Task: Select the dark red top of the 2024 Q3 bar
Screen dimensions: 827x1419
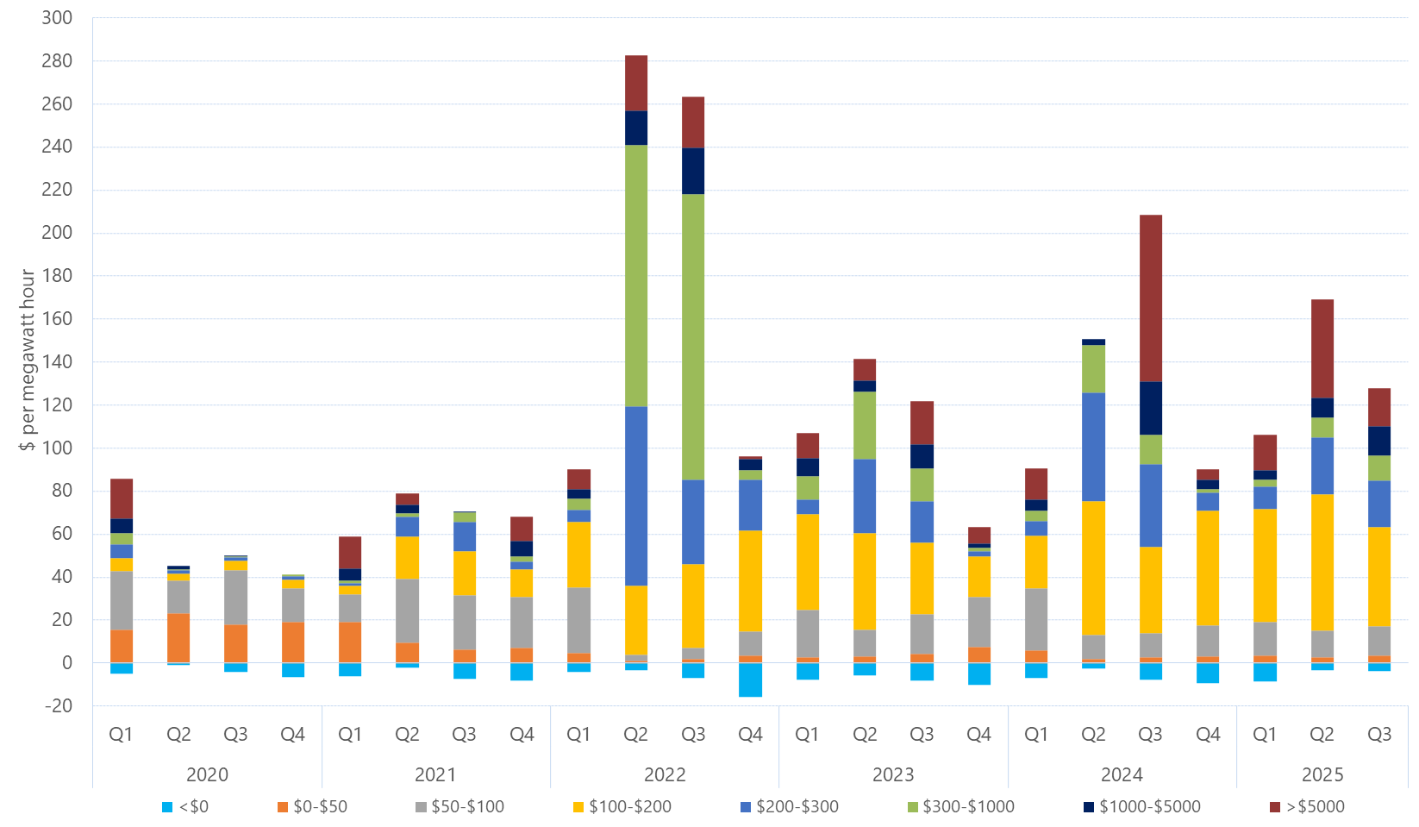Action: click(1151, 298)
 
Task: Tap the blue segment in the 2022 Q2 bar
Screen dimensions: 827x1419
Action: click(636, 496)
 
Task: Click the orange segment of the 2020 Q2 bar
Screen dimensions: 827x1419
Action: click(178, 638)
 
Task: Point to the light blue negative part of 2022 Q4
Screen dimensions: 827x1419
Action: click(751, 680)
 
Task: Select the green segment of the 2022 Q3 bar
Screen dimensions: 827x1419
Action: click(693, 336)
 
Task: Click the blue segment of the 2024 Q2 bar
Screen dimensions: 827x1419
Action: click(1094, 447)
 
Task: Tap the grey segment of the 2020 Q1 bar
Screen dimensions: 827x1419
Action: click(122, 600)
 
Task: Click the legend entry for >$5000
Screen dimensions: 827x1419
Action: click(1307, 806)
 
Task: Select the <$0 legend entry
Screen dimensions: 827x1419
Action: click(185, 806)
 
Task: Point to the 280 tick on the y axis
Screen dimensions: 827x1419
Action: click(57, 61)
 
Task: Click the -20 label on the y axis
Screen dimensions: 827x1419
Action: click(57, 705)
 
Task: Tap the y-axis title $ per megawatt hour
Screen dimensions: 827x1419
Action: click(28, 360)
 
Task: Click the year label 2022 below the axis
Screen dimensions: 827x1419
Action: click(665, 774)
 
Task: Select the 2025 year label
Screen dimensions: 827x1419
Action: click(1322, 774)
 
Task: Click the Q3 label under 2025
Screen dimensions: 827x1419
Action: click(1379, 735)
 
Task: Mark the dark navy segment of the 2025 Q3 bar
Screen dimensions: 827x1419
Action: click(1379, 441)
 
